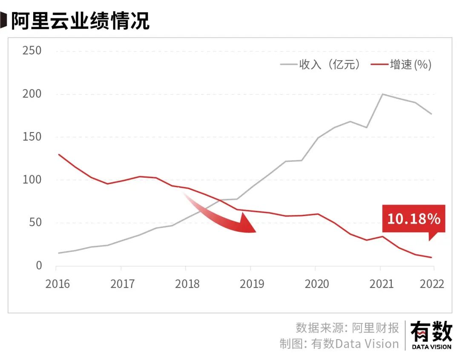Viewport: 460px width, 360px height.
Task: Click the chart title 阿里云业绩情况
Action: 80,20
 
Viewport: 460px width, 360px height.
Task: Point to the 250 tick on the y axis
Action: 32,51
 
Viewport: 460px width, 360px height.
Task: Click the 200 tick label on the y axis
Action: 32,94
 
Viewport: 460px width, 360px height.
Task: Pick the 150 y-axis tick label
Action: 32,137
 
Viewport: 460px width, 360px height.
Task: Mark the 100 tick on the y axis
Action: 32,180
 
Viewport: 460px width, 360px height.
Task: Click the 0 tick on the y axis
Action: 39,266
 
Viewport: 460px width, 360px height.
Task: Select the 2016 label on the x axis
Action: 58,284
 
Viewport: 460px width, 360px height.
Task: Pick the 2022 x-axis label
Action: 431,284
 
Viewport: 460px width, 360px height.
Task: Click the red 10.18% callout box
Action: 413,219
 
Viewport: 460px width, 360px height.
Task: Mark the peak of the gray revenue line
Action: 382,94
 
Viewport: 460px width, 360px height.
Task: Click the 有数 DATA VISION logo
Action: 431,335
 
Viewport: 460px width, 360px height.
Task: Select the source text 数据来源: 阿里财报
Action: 347,328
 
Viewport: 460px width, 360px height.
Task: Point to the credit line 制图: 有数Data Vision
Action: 339,344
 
